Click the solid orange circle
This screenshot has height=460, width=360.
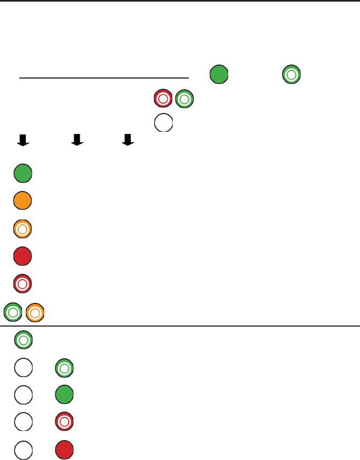coord(23,201)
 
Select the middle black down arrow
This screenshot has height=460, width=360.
coord(77,140)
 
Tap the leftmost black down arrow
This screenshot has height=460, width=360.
coord(23,140)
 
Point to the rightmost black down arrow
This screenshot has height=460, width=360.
coord(128,140)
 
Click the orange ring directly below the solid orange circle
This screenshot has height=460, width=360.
coord(23,229)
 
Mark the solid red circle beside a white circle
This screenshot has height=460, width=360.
coord(65,450)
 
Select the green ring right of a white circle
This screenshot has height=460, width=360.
coord(65,369)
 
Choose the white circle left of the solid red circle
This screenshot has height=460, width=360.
coord(23,450)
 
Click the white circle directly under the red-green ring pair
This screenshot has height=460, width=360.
coord(164,123)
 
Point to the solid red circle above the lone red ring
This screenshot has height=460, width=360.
coord(23,257)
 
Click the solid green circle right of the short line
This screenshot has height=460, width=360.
coord(218,74)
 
